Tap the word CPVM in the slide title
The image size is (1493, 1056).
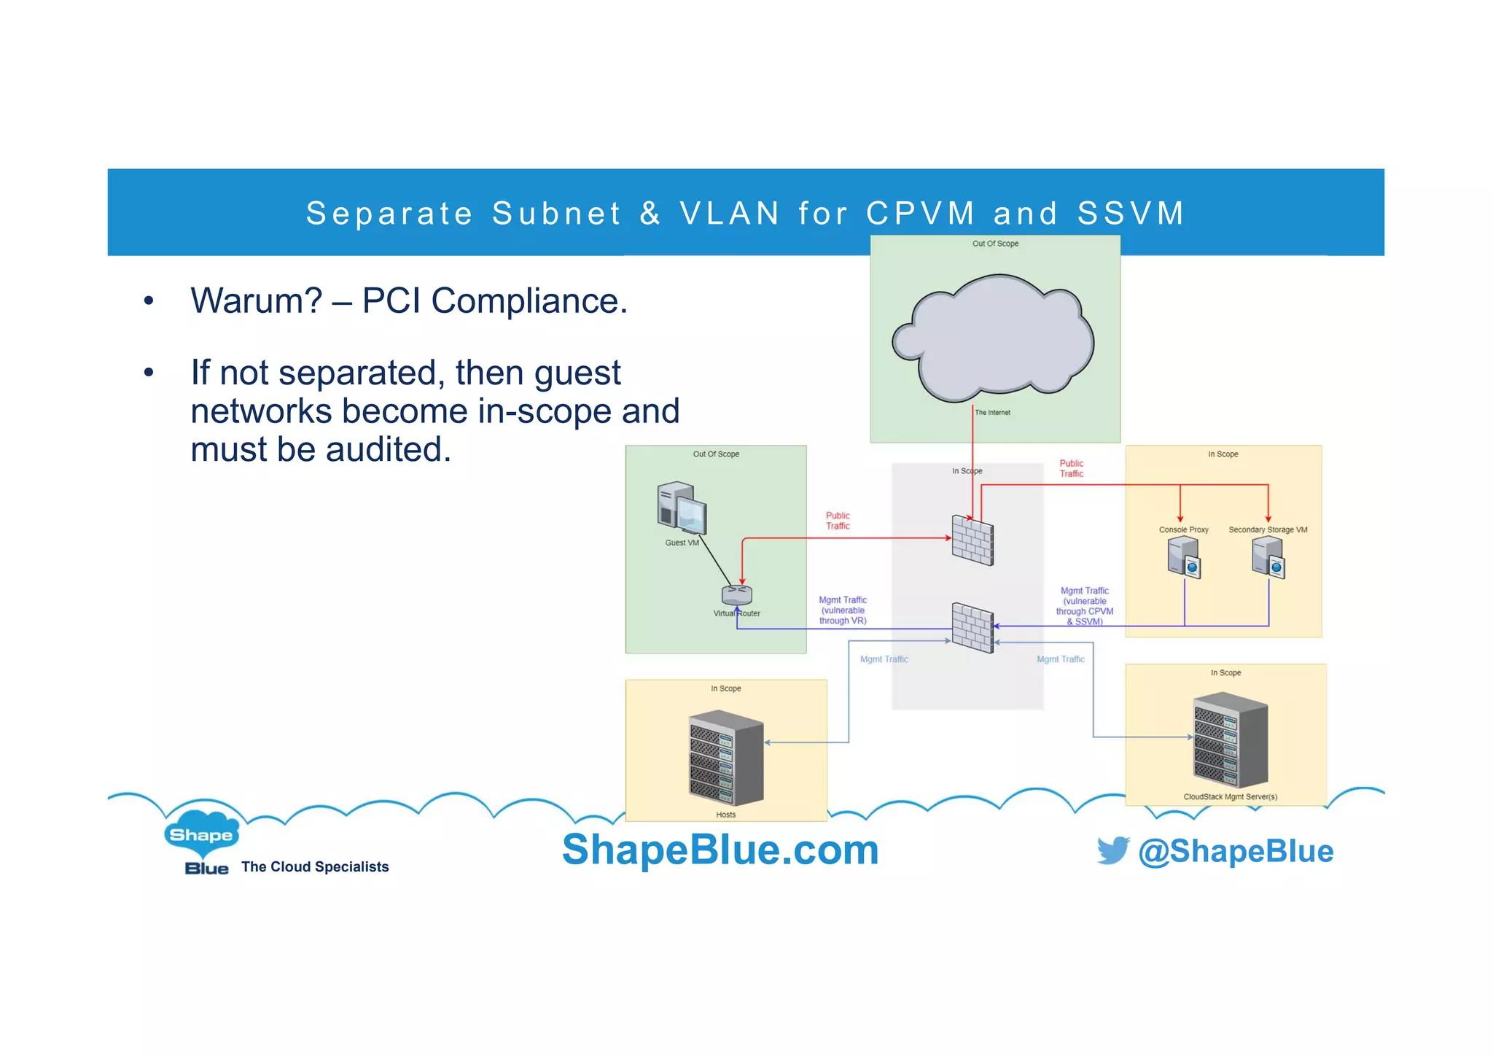(x=920, y=213)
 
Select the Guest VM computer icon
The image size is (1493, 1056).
(x=682, y=508)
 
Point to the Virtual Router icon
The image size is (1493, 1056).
(x=737, y=595)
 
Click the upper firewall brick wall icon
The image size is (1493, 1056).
(x=972, y=540)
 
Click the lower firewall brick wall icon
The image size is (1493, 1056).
(x=972, y=627)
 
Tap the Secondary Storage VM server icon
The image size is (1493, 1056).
(x=1268, y=558)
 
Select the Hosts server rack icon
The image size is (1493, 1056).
(x=726, y=758)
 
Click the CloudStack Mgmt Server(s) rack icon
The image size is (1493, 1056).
(x=1231, y=741)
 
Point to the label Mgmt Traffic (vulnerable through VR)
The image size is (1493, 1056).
(x=843, y=610)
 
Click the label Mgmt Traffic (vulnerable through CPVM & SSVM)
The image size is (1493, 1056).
(x=1085, y=606)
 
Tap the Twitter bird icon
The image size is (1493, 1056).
(x=1112, y=850)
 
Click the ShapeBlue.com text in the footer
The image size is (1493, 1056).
(x=720, y=850)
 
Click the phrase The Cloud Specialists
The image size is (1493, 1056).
(x=315, y=866)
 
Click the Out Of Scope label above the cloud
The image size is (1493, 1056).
(x=995, y=244)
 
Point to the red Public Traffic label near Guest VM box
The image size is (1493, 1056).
(x=838, y=521)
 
